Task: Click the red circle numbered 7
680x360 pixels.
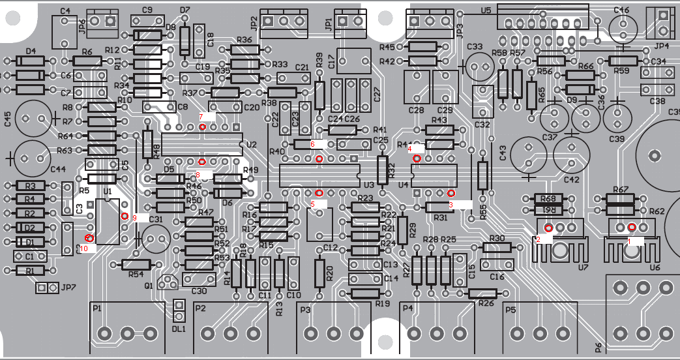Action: (203, 127)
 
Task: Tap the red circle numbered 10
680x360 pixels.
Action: (89, 239)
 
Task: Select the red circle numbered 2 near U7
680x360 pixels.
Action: (548, 228)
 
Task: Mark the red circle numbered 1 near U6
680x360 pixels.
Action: (632, 227)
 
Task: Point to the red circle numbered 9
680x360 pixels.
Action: (125, 215)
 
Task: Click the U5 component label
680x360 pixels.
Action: (485, 10)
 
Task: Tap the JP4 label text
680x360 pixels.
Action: (661, 46)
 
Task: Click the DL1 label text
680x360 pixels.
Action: (178, 329)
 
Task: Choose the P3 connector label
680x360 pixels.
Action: (305, 309)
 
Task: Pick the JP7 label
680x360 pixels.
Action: (68, 288)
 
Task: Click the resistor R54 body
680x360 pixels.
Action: (136, 265)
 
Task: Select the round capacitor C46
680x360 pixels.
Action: (623, 29)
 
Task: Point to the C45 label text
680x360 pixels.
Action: (7, 119)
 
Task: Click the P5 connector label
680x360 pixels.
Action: (510, 309)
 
